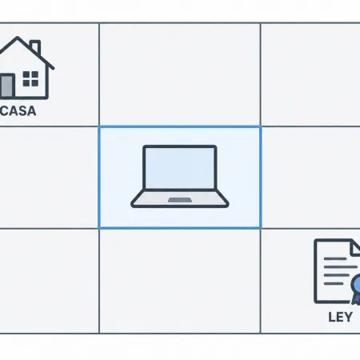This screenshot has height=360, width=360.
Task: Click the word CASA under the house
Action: point(18,110)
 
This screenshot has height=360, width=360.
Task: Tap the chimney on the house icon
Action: point(35,46)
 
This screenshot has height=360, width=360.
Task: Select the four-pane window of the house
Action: point(30,78)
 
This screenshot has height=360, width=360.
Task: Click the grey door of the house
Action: point(7,86)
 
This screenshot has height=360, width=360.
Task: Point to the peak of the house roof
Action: point(18,37)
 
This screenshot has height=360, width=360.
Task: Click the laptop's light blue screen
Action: point(179,168)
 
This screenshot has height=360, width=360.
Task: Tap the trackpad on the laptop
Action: point(180,200)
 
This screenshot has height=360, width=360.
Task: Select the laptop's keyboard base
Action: point(180,198)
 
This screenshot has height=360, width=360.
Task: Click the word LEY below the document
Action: point(340,317)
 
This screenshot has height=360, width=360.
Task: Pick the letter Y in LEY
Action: point(348,317)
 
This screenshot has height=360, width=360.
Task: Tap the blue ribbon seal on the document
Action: point(356,290)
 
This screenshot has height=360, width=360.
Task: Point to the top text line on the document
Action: point(335,258)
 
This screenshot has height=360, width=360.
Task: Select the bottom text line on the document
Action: point(334,283)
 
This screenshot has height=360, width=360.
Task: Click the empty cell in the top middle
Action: point(180,74)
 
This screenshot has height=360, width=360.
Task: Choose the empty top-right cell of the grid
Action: point(310,74)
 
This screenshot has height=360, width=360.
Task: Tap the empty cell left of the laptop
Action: point(49,178)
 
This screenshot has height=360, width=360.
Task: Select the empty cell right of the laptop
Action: point(311,178)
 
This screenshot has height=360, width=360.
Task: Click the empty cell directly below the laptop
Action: point(180,281)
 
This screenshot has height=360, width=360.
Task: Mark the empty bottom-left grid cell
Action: point(49,281)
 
